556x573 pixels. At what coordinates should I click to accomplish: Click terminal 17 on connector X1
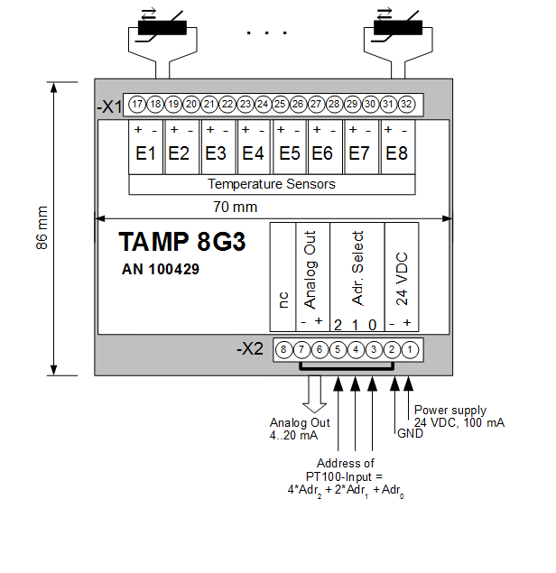click(x=137, y=105)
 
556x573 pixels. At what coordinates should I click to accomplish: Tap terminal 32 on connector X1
click(x=406, y=105)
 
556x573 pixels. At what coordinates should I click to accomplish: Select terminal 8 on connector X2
click(x=283, y=349)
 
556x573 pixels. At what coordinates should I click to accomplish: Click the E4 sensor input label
click(x=254, y=154)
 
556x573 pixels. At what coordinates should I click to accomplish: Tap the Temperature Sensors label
click(x=272, y=184)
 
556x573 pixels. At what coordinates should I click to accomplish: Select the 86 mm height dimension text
click(x=42, y=229)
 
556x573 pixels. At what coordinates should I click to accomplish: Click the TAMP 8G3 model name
click(x=182, y=244)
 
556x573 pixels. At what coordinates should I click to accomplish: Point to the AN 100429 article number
click(x=161, y=269)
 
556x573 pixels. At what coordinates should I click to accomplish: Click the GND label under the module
click(x=410, y=433)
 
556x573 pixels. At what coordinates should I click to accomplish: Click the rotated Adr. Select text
click(x=357, y=268)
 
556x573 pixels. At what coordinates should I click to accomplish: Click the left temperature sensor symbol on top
click(x=162, y=26)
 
